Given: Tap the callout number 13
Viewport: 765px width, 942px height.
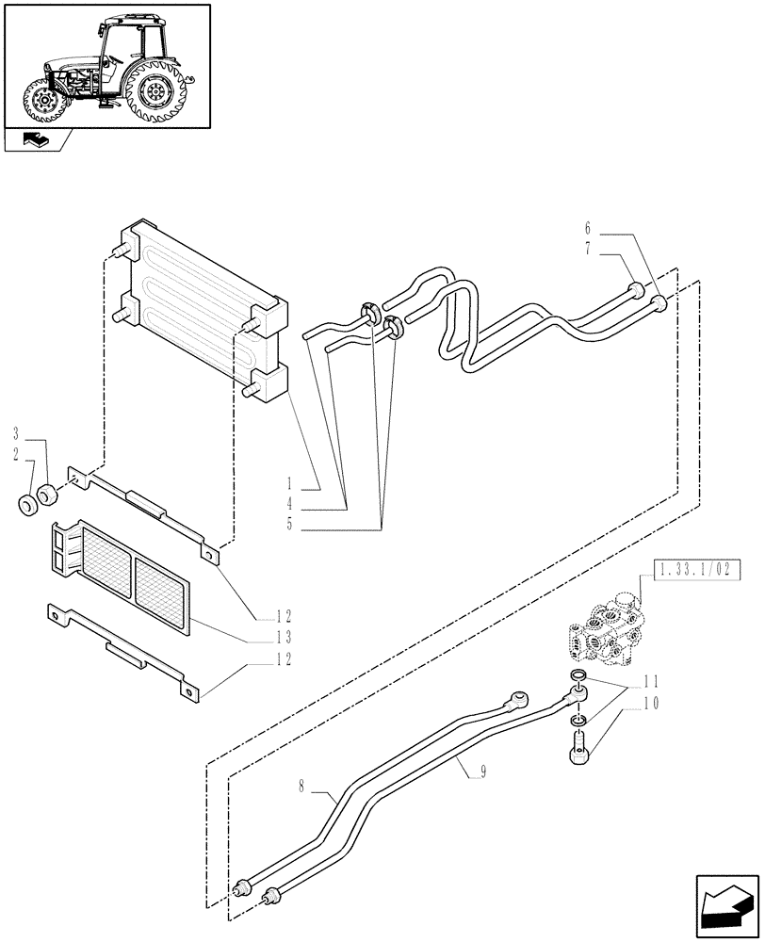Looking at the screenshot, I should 283,638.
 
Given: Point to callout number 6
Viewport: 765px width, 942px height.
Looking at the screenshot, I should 587,229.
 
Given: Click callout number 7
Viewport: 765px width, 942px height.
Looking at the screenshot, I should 587,249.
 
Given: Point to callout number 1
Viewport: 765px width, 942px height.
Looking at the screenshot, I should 290,483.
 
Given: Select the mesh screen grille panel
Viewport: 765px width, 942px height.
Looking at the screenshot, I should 122,575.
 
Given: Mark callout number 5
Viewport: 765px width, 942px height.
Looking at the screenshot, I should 290,525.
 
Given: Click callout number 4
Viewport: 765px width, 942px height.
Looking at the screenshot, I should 290,504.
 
